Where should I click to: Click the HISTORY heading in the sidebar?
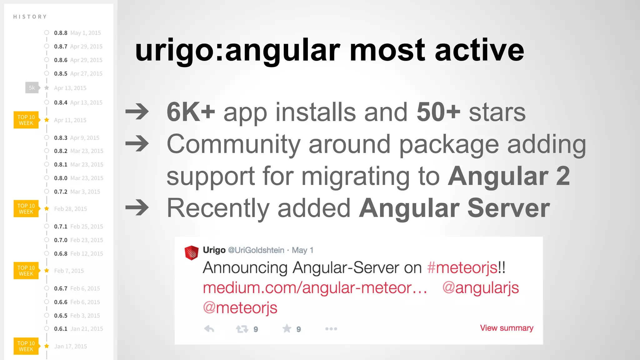coord(30,17)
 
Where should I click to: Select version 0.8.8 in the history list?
coord(61,33)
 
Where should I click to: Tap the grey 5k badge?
coord(32,88)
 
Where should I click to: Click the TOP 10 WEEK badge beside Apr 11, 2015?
coord(26,120)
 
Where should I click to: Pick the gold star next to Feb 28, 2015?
coord(47,208)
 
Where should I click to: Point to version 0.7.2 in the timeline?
coord(61,192)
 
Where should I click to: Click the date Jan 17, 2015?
coord(71,346)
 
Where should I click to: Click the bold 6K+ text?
coord(191,112)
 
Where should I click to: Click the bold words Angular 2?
coord(509,176)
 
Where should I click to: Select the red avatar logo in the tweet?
coord(192,252)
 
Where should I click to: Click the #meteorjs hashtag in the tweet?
coord(462,268)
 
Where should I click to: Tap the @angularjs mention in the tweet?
coord(481,288)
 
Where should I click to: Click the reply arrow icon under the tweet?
coord(209,329)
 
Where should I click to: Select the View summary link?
coord(507,328)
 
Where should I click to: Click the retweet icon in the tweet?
coord(242,329)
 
